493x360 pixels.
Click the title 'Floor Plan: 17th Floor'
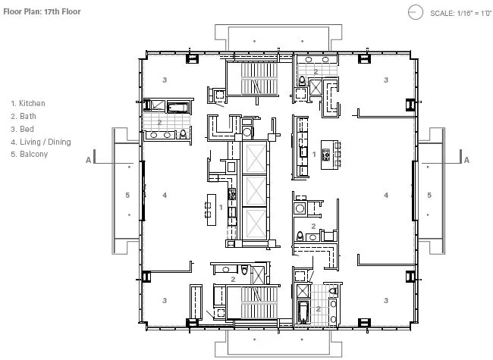(x=42, y=11)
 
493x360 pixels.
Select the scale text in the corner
(x=460, y=13)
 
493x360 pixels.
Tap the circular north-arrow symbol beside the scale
(x=416, y=12)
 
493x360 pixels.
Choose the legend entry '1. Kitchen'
(x=28, y=103)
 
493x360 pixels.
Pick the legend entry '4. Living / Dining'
(x=41, y=142)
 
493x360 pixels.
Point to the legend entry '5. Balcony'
(x=30, y=155)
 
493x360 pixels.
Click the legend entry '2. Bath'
(x=24, y=116)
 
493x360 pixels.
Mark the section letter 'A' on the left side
(x=88, y=160)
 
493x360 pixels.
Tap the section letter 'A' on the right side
(x=466, y=160)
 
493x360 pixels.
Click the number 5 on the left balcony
(x=127, y=195)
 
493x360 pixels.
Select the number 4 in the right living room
(x=386, y=195)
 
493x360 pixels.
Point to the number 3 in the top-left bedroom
(x=165, y=80)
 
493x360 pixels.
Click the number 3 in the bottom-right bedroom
(x=386, y=301)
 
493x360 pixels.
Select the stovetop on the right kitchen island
(x=326, y=155)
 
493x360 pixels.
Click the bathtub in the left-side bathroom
(x=178, y=108)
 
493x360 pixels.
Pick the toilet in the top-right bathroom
(x=302, y=81)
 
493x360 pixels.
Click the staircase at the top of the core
(x=259, y=79)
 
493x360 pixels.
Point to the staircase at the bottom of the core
(x=259, y=303)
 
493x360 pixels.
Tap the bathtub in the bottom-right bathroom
(x=303, y=312)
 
